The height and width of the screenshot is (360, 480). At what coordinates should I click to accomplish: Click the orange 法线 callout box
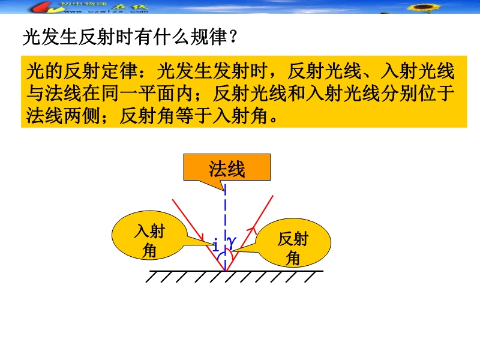[227, 167]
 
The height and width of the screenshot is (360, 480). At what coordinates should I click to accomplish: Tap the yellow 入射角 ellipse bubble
[149, 235]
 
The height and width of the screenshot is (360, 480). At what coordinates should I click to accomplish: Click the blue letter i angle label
[215, 245]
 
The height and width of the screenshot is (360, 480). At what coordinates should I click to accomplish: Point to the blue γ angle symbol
[232, 242]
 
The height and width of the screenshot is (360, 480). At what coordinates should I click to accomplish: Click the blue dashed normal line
[226, 228]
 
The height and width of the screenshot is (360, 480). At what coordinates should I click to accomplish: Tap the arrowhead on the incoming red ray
[201, 237]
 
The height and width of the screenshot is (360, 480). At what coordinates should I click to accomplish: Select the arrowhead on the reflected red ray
[253, 229]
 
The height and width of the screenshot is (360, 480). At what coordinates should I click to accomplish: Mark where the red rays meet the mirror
[226, 271]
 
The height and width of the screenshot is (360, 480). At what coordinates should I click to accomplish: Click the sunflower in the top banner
[424, 7]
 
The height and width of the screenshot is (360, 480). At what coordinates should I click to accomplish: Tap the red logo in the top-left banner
[46, 7]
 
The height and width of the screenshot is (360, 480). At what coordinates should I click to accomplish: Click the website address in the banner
[106, 11]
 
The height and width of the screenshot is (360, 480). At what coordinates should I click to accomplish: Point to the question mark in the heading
[233, 37]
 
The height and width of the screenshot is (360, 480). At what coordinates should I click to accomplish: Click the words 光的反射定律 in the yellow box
[82, 71]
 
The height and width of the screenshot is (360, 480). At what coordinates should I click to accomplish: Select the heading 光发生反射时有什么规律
[125, 37]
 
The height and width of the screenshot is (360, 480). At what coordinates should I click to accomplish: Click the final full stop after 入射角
[274, 119]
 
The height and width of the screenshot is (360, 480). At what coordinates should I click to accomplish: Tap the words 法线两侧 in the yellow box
[63, 116]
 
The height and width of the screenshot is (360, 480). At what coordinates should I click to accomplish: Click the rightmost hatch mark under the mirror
[310, 277]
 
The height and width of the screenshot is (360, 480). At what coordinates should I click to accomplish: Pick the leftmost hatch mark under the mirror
[152, 277]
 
